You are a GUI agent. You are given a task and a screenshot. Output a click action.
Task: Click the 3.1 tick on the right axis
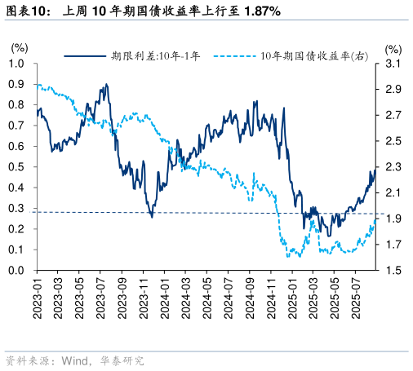[x=393, y=64]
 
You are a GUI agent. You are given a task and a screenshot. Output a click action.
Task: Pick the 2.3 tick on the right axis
[x=393, y=167]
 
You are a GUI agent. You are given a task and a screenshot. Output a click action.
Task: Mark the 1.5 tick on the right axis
[x=393, y=271]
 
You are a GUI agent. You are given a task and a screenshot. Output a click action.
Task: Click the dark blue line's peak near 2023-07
[x=106, y=84]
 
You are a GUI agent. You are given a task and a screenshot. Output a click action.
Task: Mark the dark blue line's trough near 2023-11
[x=152, y=216]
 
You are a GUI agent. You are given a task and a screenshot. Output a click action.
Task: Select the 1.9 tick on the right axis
[x=393, y=219]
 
